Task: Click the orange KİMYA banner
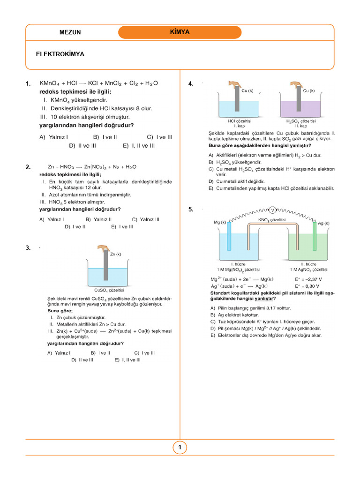point(180,32)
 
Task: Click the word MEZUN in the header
point(70,32)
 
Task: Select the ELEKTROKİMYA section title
point(60,54)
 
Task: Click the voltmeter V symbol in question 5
point(272,210)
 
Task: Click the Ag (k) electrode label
point(323,224)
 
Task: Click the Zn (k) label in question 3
point(115,254)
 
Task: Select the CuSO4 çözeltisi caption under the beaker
point(109,290)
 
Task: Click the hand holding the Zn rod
point(104,248)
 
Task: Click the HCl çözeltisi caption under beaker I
point(240,121)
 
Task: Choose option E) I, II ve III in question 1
point(139,146)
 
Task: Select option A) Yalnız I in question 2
point(52,219)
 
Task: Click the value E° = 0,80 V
point(307,286)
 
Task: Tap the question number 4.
point(191,84)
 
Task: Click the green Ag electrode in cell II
point(315,237)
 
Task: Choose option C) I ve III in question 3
point(144,353)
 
